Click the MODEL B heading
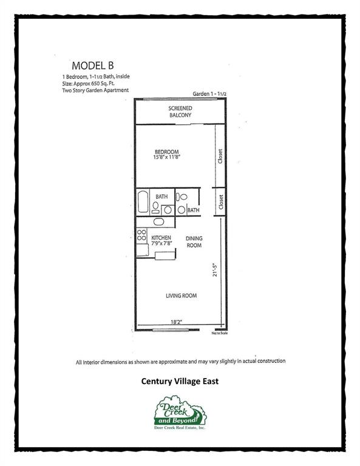pyautogui.click(x=93, y=66)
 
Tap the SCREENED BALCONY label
pyautogui.click(x=180, y=112)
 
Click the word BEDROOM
pyautogui.click(x=166, y=151)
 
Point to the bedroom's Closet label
pyautogui.click(x=221, y=157)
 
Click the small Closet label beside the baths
pyautogui.click(x=221, y=202)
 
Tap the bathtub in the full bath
pyautogui.click(x=143, y=201)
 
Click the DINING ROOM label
pyautogui.click(x=194, y=241)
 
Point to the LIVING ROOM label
pyautogui.click(x=182, y=295)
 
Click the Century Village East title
pyautogui.click(x=180, y=382)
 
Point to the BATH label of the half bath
pyautogui.click(x=193, y=211)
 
